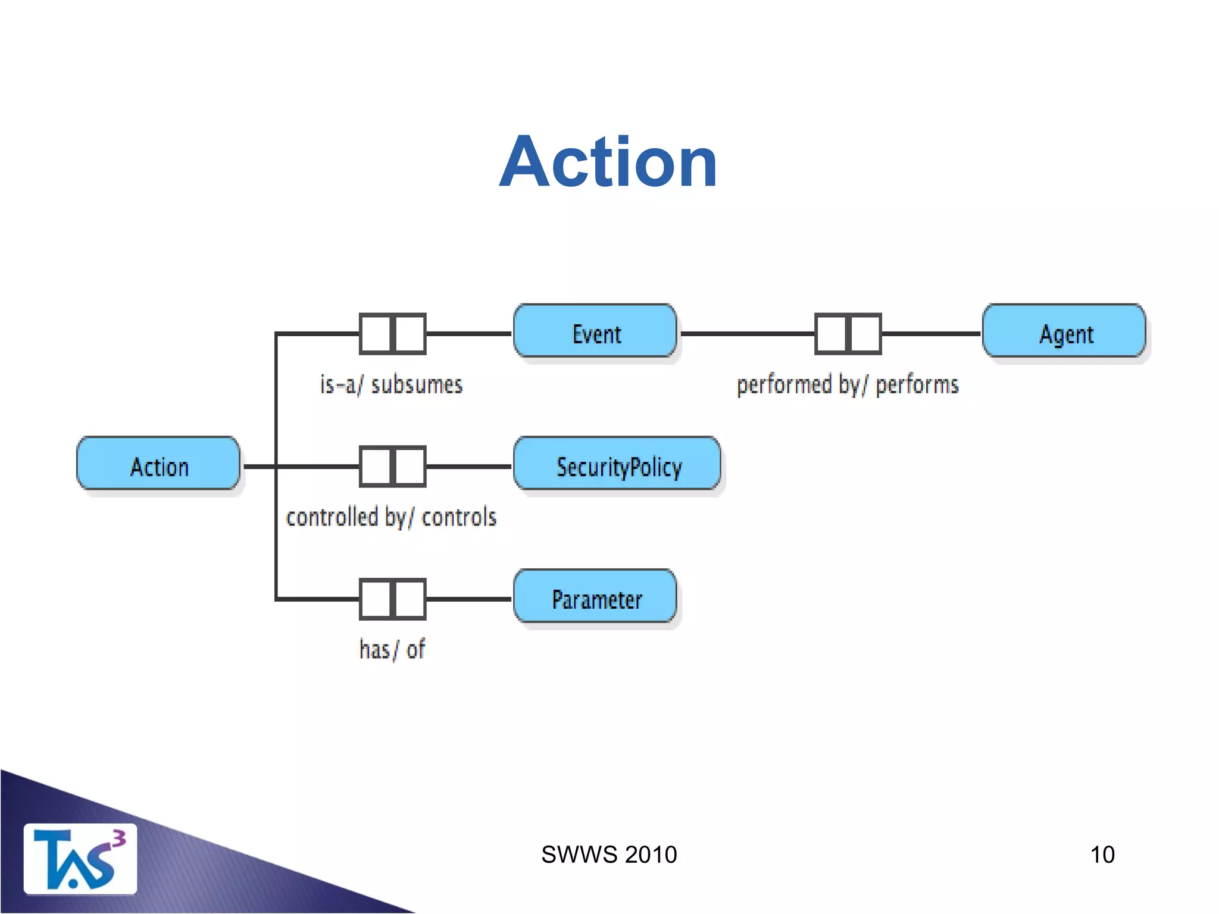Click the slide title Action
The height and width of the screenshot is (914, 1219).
point(608,162)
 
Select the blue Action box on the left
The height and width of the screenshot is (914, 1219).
point(158,464)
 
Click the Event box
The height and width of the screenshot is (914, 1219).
point(595,331)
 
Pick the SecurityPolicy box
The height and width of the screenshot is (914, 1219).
point(617,464)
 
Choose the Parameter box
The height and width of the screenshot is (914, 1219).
point(595,597)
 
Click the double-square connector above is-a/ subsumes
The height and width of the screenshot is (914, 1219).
point(393,334)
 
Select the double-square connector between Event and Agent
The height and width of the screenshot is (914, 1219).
point(848,334)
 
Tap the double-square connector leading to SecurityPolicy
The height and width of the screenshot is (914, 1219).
point(393,467)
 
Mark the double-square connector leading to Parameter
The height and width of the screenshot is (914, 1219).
point(393,599)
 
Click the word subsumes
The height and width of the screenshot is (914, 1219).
point(417,385)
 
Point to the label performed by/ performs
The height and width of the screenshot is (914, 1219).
point(848,385)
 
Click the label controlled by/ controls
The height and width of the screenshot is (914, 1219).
point(391,517)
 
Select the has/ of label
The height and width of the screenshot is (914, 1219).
point(392,649)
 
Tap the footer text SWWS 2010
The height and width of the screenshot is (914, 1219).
point(609,855)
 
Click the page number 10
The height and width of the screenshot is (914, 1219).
point(1102,855)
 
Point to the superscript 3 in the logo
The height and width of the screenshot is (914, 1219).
point(119,838)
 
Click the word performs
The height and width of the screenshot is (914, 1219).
point(917,385)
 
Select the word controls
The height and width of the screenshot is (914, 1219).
point(459,517)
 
